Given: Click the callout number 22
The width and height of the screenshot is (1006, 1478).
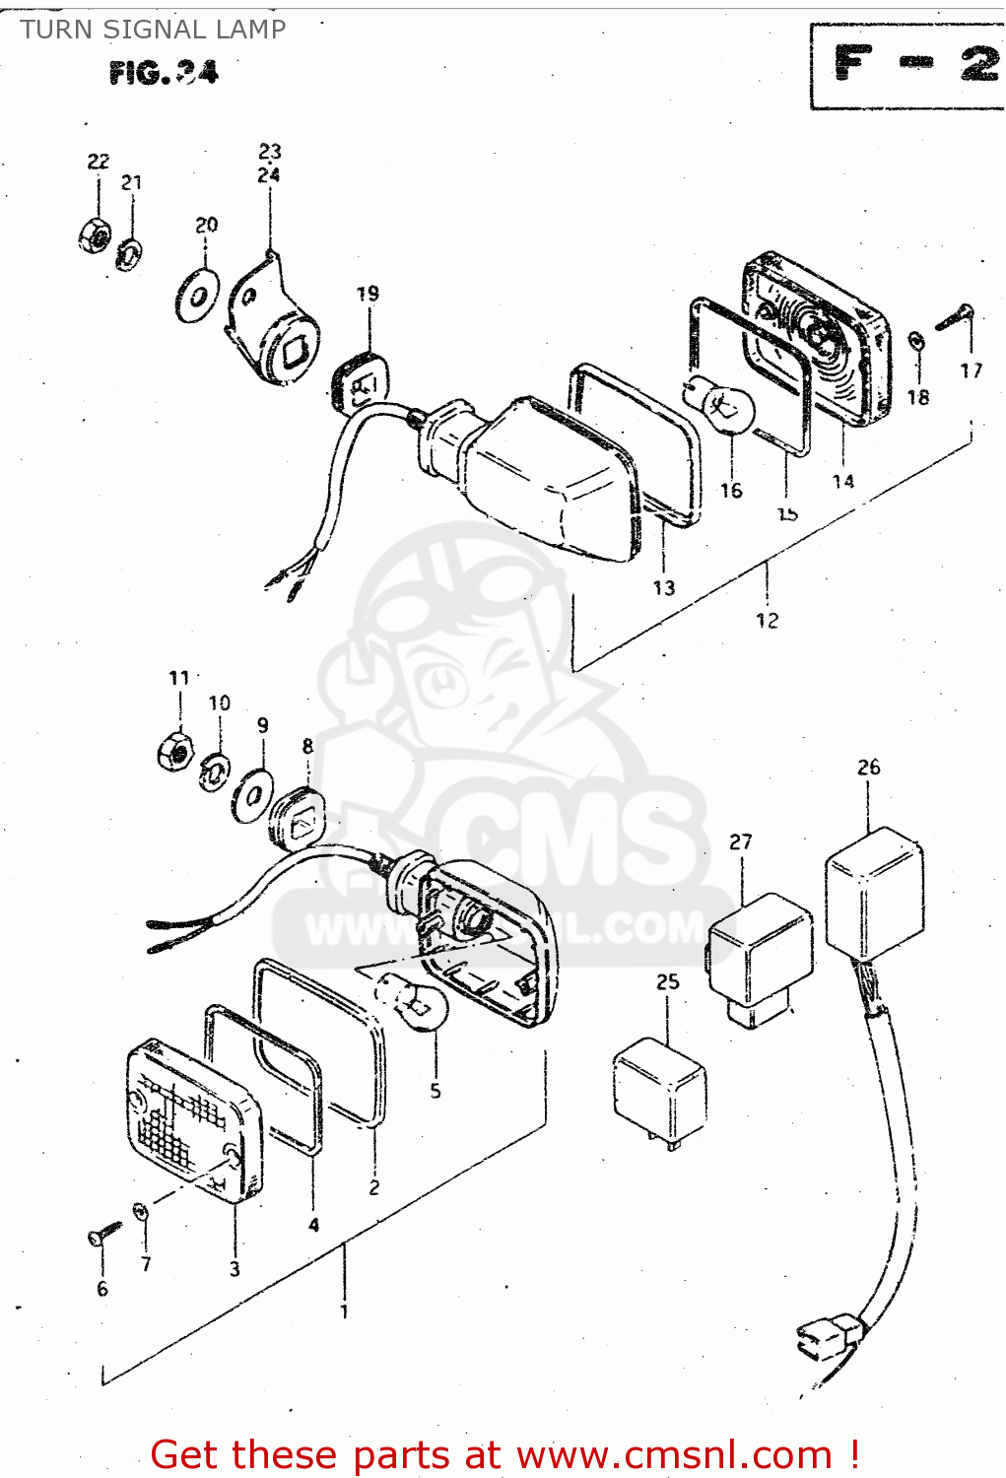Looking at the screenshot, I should pyautogui.click(x=99, y=162).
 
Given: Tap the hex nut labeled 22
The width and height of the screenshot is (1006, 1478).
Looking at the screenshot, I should pyautogui.click(x=95, y=234).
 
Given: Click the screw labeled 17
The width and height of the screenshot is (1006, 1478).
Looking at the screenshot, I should pyautogui.click(x=955, y=318).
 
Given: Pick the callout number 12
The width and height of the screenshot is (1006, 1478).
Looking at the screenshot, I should pyautogui.click(x=767, y=620).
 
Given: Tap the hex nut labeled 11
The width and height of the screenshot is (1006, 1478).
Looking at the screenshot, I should pyautogui.click(x=174, y=751).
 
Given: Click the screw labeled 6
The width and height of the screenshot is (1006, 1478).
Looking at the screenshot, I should pyautogui.click(x=103, y=1232).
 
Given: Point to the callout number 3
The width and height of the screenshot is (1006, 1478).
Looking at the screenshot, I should pyautogui.click(x=235, y=1269).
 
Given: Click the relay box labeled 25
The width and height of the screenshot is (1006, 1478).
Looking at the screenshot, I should pyautogui.click(x=659, y=1089).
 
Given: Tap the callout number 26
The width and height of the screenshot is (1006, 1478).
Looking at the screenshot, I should pyautogui.click(x=868, y=767).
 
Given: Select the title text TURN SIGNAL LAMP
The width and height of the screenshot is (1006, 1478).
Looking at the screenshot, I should pyautogui.click(x=153, y=30).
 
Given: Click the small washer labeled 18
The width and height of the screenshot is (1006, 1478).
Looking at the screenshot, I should pyautogui.click(x=915, y=341).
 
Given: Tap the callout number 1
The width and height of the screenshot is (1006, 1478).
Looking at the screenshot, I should pyautogui.click(x=344, y=1311).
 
